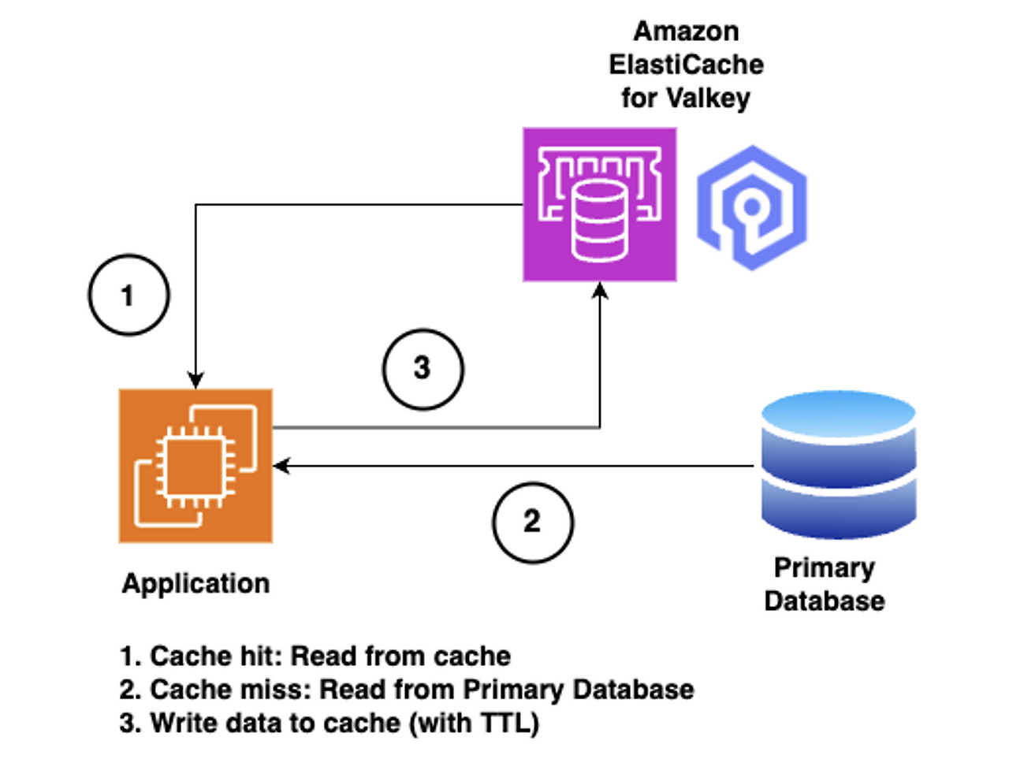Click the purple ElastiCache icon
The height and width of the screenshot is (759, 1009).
pos(599,204)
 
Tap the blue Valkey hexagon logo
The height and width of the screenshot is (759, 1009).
pos(752,208)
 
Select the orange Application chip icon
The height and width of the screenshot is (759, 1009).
pos(195,465)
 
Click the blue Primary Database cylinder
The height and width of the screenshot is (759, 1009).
pos(838,465)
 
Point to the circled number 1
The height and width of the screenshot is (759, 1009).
pos(128,296)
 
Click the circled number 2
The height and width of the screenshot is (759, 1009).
pos(533,522)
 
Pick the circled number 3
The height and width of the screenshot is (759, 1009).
pos(423,369)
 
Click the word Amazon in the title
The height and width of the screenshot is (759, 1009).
pos(686,32)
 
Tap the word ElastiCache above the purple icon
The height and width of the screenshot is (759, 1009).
pos(686,65)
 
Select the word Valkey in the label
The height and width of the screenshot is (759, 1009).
pos(708,99)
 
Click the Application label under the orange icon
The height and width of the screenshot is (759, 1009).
pos(195,583)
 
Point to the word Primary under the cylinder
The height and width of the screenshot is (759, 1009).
pos(824,567)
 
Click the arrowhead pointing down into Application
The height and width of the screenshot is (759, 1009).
pos(195,380)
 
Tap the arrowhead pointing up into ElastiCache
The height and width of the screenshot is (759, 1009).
pos(600,291)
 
